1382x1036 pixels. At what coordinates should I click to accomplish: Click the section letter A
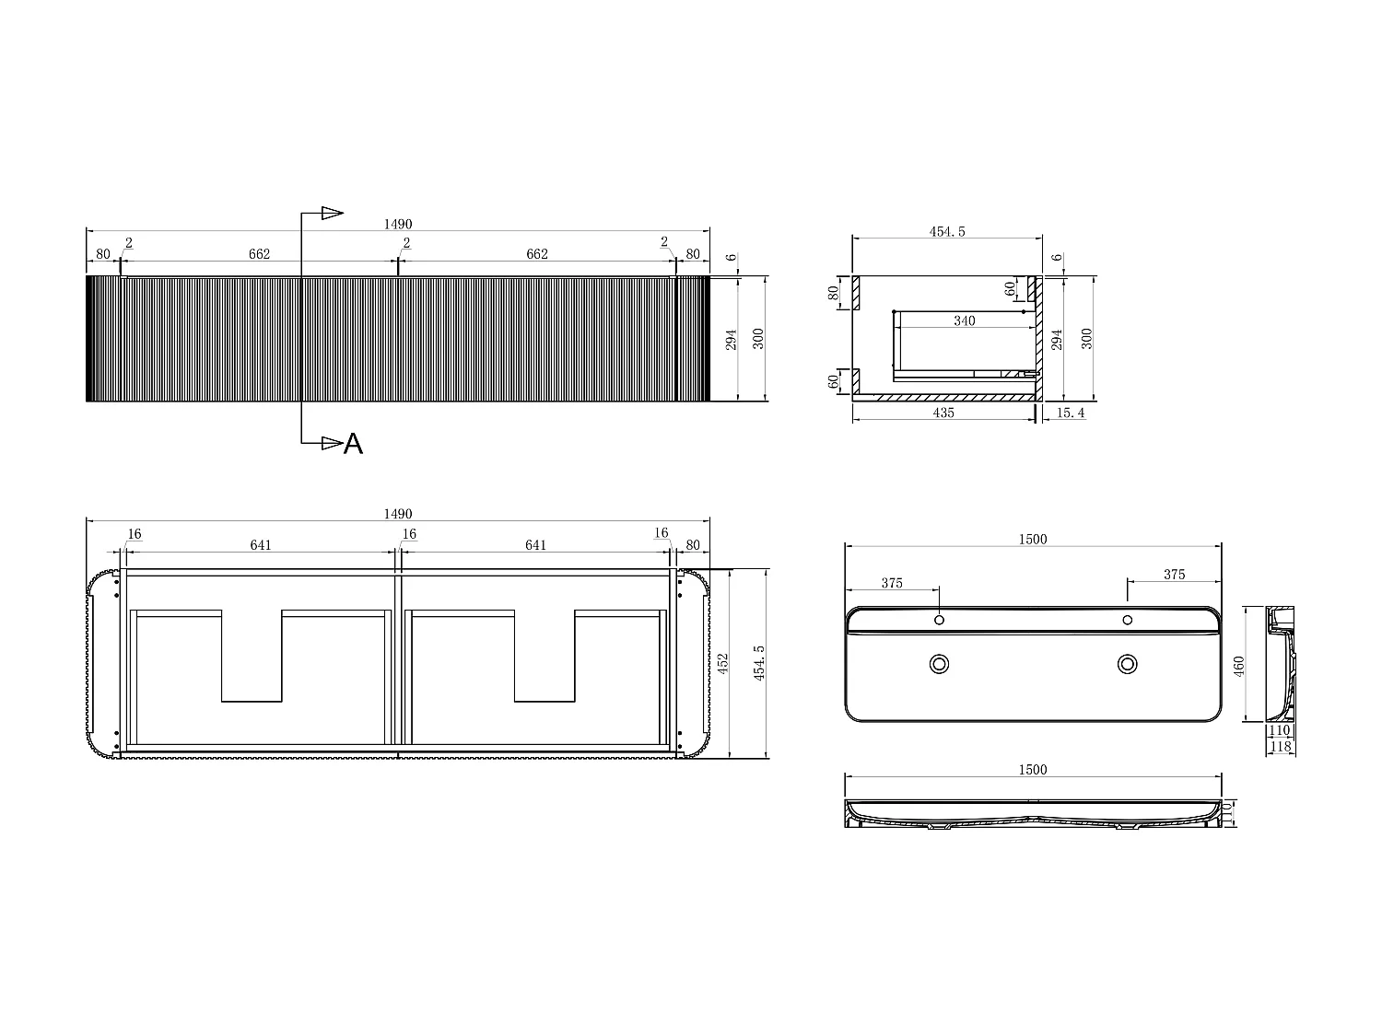click(353, 445)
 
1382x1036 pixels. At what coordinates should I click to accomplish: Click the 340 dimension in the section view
click(964, 320)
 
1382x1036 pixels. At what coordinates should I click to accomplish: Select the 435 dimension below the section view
click(943, 413)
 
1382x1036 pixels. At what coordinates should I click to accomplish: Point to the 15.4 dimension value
click(1070, 413)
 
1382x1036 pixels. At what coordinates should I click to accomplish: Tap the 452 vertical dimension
click(723, 663)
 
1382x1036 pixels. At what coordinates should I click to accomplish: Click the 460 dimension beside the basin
click(1238, 664)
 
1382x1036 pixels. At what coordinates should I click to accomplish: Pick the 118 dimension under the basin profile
click(1280, 747)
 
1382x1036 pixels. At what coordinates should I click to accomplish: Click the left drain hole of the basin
click(939, 663)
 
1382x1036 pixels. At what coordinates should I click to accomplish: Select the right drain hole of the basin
click(1127, 663)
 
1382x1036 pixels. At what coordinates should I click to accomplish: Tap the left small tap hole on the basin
click(939, 620)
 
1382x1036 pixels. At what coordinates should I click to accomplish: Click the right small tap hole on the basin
click(1127, 620)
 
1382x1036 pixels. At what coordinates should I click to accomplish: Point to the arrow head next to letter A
click(331, 444)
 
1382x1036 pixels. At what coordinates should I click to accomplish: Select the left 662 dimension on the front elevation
click(259, 254)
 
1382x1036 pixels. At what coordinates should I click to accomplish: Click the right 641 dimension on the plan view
click(535, 544)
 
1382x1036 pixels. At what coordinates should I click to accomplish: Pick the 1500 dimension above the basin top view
click(1033, 539)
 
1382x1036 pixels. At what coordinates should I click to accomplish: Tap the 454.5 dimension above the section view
click(946, 231)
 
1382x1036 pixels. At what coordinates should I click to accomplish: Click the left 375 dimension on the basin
click(891, 583)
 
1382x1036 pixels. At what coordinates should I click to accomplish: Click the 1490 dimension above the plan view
click(398, 514)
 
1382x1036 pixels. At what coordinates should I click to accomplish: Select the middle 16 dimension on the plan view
click(409, 533)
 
